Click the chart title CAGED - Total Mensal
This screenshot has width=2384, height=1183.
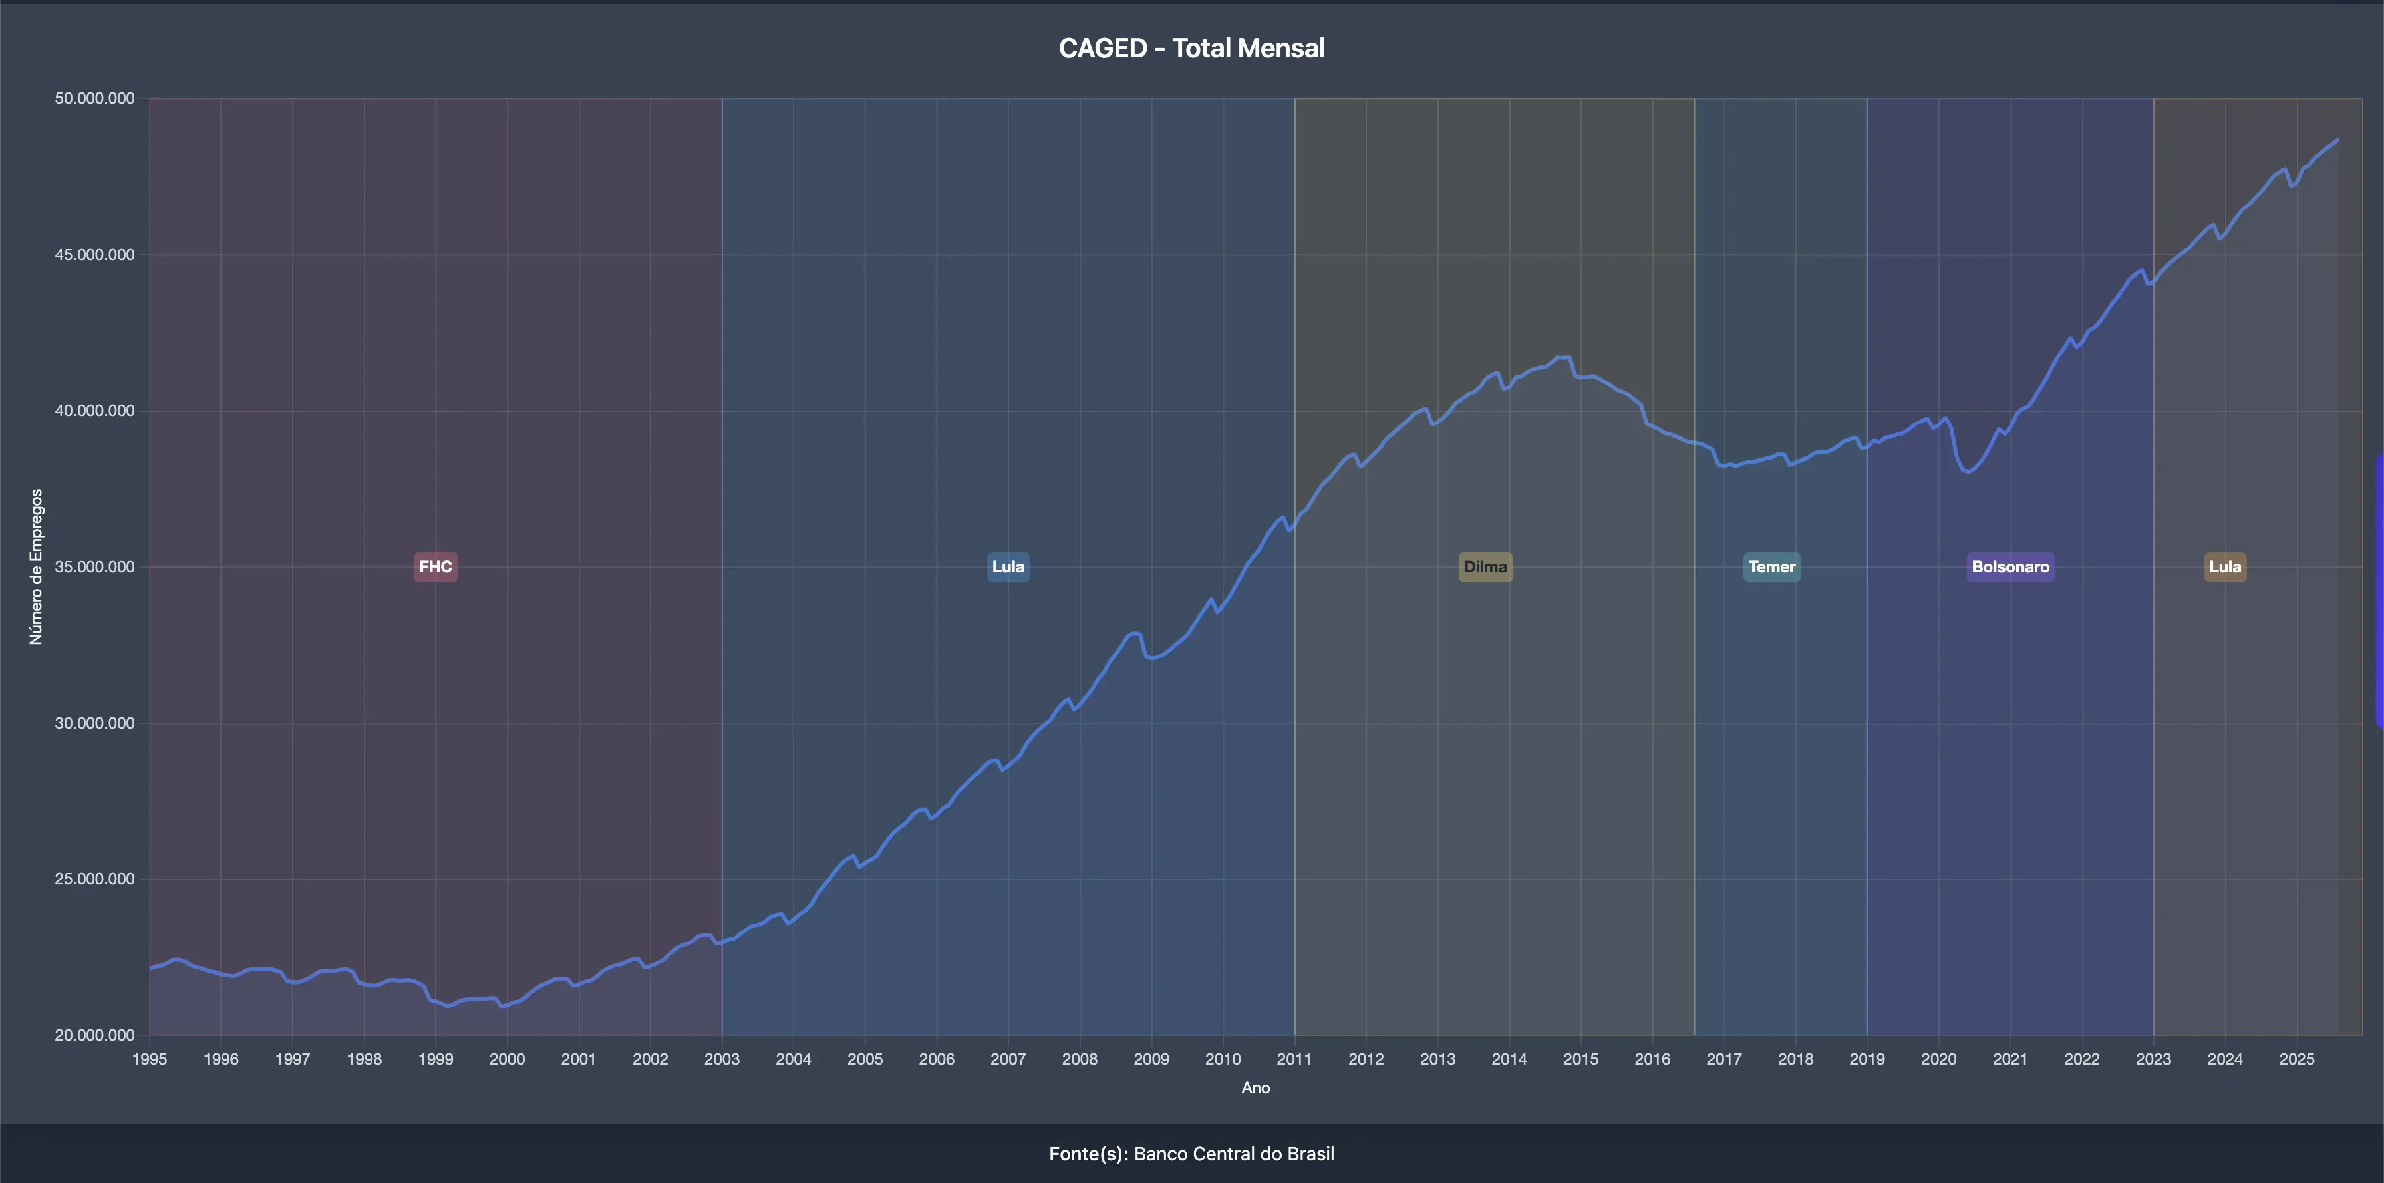pyautogui.click(x=1191, y=48)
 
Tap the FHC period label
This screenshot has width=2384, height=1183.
pyautogui.click(x=435, y=566)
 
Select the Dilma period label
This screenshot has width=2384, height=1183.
pyautogui.click(x=1485, y=566)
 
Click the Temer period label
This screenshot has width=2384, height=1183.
pyautogui.click(x=1771, y=566)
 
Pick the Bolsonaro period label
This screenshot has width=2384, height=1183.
pyautogui.click(x=2010, y=566)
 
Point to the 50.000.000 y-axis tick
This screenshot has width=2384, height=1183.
pyautogui.click(x=94, y=98)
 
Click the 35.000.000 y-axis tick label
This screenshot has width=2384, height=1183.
pyautogui.click(x=94, y=566)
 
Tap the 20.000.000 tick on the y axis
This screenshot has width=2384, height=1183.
pyautogui.click(x=94, y=1035)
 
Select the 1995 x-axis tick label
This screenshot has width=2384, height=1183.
pyautogui.click(x=150, y=1059)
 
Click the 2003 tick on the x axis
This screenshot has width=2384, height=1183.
pyautogui.click(x=722, y=1059)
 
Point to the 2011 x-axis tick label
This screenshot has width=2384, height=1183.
pyautogui.click(x=1294, y=1059)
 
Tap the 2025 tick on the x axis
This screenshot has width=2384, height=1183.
pyautogui.click(x=2296, y=1059)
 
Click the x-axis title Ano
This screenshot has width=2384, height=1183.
pyautogui.click(x=1255, y=1088)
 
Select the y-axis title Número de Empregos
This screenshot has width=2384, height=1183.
pyautogui.click(x=36, y=566)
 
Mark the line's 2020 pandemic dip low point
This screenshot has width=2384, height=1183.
pyautogui.click(x=1968, y=471)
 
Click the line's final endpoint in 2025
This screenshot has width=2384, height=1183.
pyautogui.click(x=2337, y=140)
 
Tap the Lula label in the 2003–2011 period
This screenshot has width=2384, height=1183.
pyautogui.click(x=1008, y=566)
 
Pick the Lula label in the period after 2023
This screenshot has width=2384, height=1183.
pyautogui.click(x=2225, y=566)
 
